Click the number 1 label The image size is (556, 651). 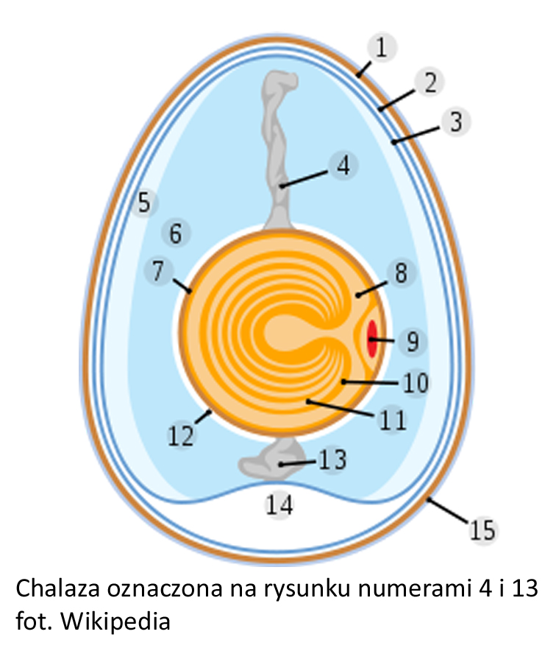381,49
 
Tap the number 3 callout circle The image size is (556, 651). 456,122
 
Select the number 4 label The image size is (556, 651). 343,166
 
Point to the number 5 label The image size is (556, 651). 144,203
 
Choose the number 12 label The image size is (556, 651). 181,435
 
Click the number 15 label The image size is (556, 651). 483,530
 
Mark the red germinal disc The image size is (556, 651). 373,338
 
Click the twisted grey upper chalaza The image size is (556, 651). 279,140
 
